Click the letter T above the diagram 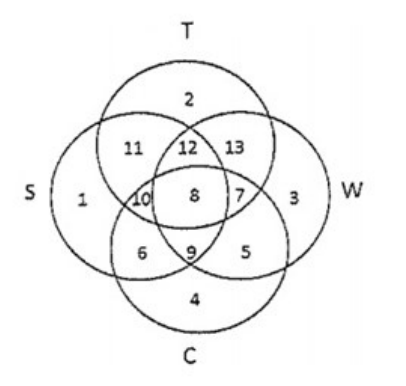pos(188,31)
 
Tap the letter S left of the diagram pos(30,193)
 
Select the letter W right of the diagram pos(352,190)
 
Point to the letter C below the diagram pos(190,356)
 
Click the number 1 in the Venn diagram pos(82,200)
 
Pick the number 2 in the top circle pos(189,100)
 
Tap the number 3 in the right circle pos(294,198)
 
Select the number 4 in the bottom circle pos(195,300)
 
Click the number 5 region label pos(245,252)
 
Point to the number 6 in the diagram pos(142,253)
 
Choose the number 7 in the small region pos(239,196)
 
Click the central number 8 pos(194,196)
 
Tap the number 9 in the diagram pos(191,253)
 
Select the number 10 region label pos(142,200)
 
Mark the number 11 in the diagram pos(134,148)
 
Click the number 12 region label pos(188,148)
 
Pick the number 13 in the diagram pos(235,147)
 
